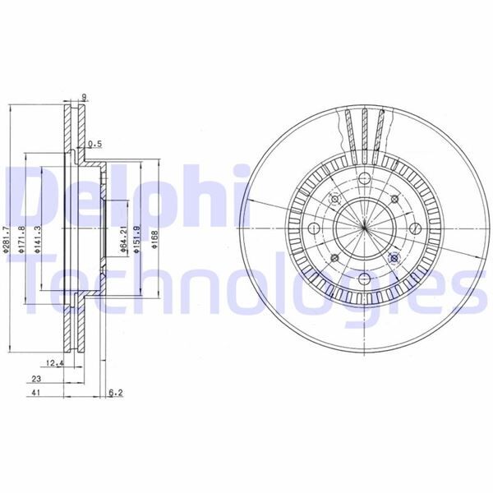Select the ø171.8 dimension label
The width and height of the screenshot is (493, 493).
25,238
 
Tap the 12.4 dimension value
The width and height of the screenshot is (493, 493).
55,362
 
